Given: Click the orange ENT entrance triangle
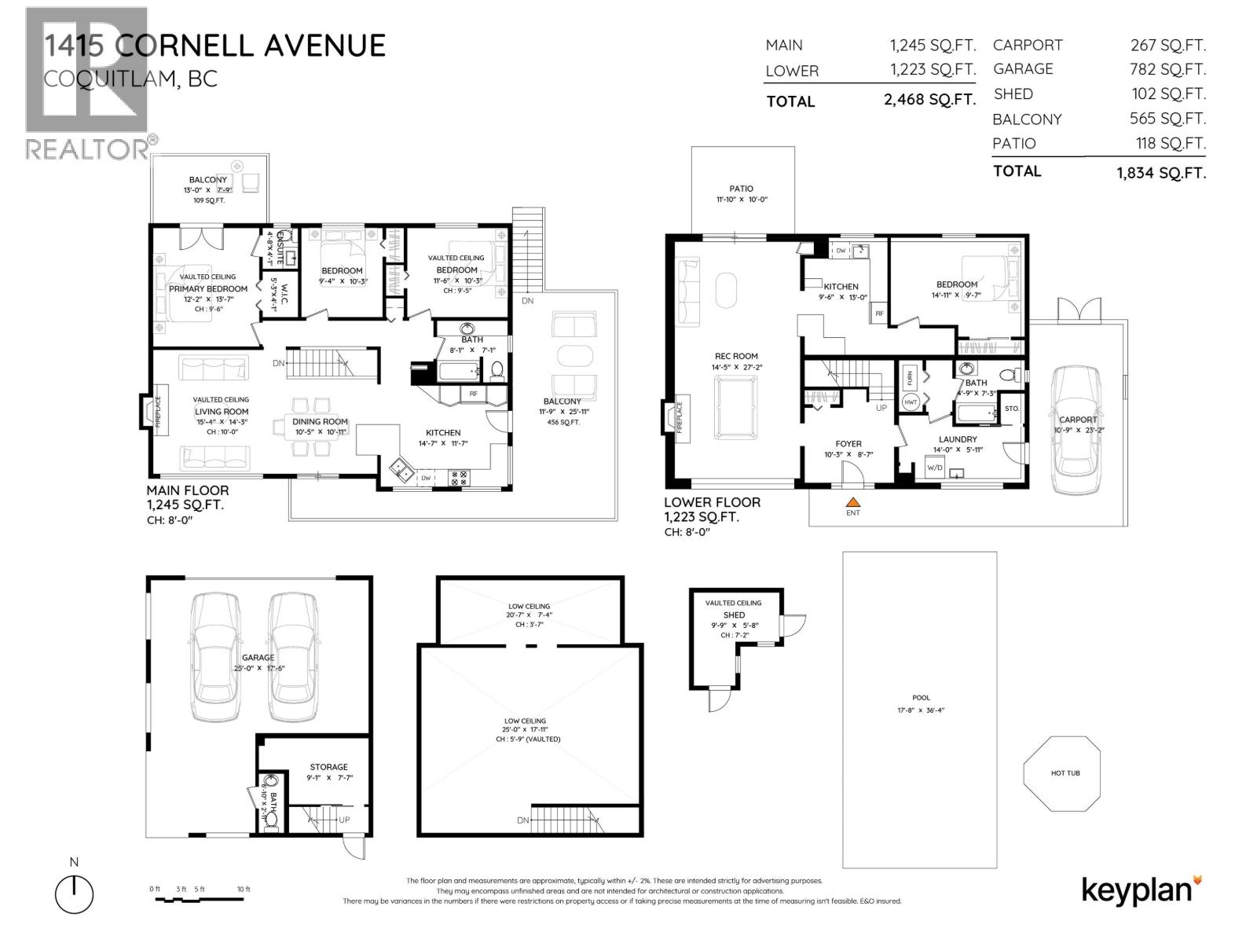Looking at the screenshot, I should tap(853, 501).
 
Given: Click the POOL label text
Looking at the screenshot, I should tap(921, 698).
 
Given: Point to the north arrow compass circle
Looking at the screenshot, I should tap(74, 893).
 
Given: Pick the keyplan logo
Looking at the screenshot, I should tap(1141, 890).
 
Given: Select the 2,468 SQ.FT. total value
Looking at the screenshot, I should tap(929, 101).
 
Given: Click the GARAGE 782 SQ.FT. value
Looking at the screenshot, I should tap(1167, 70).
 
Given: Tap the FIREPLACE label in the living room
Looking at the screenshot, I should tap(157, 410).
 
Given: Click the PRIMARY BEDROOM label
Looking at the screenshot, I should tap(208, 288).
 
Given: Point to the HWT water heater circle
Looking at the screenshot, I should tap(911, 402).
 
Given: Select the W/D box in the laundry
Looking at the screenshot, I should tap(935, 468).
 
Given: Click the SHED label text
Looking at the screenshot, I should tap(734, 615).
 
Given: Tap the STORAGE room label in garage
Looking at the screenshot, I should tap(328, 767).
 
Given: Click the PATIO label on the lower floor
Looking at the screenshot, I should tap(741, 189).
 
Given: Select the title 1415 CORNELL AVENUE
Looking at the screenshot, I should tap(214, 46).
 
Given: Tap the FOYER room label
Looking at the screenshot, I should tap(848, 444).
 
